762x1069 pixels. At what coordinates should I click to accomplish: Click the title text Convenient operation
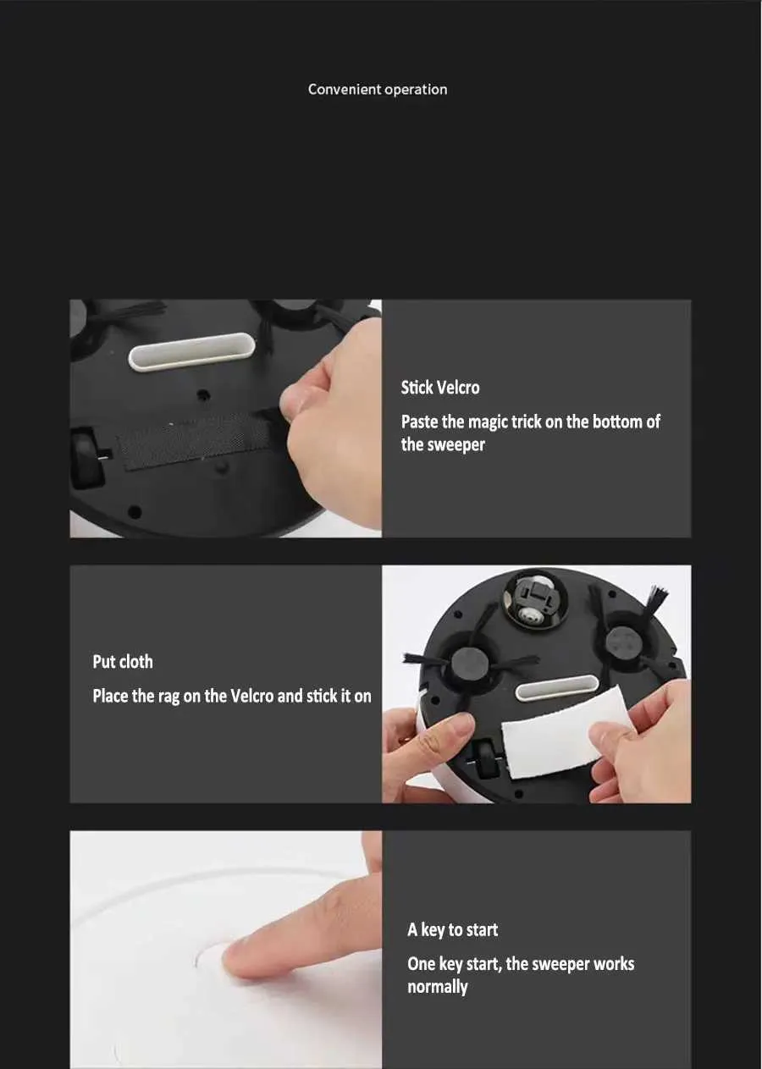point(378,90)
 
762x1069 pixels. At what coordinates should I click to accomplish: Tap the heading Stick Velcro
point(439,388)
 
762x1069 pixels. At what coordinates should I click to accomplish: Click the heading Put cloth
point(123,662)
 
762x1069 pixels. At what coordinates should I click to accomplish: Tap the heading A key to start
point(452,929)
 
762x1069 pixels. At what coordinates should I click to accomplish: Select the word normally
point(437,987)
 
